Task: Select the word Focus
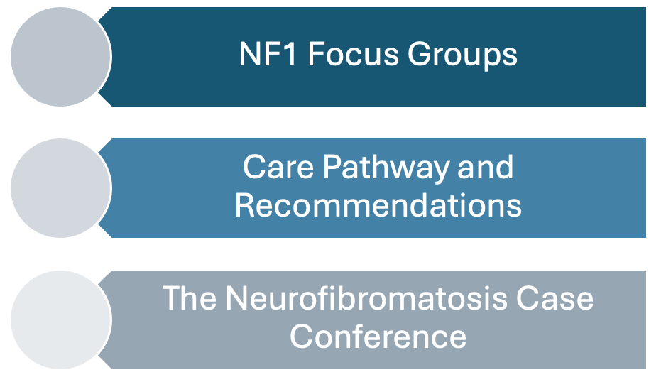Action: click(x=354, y=54)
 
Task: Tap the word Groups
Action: click(x=462, y=55)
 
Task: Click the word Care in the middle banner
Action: click(x=278, y=167)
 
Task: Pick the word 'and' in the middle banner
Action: click(x=486, y=167)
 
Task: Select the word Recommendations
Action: click(x=378, y=205)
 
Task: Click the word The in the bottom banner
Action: click(x=190, y=298)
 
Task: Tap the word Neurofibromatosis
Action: click(x=366, y=298)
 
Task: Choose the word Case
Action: click(x=555, y=298)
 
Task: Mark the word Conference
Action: click(x=378, y=337)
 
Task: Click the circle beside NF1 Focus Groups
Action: click(x=61, y=57)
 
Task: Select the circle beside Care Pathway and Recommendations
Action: click(x=61, y=188)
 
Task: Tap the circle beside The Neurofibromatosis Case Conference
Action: click(x=61, y=320)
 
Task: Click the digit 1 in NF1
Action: click(x=290, y=54)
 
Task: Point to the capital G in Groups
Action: click(x=419, y=54)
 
